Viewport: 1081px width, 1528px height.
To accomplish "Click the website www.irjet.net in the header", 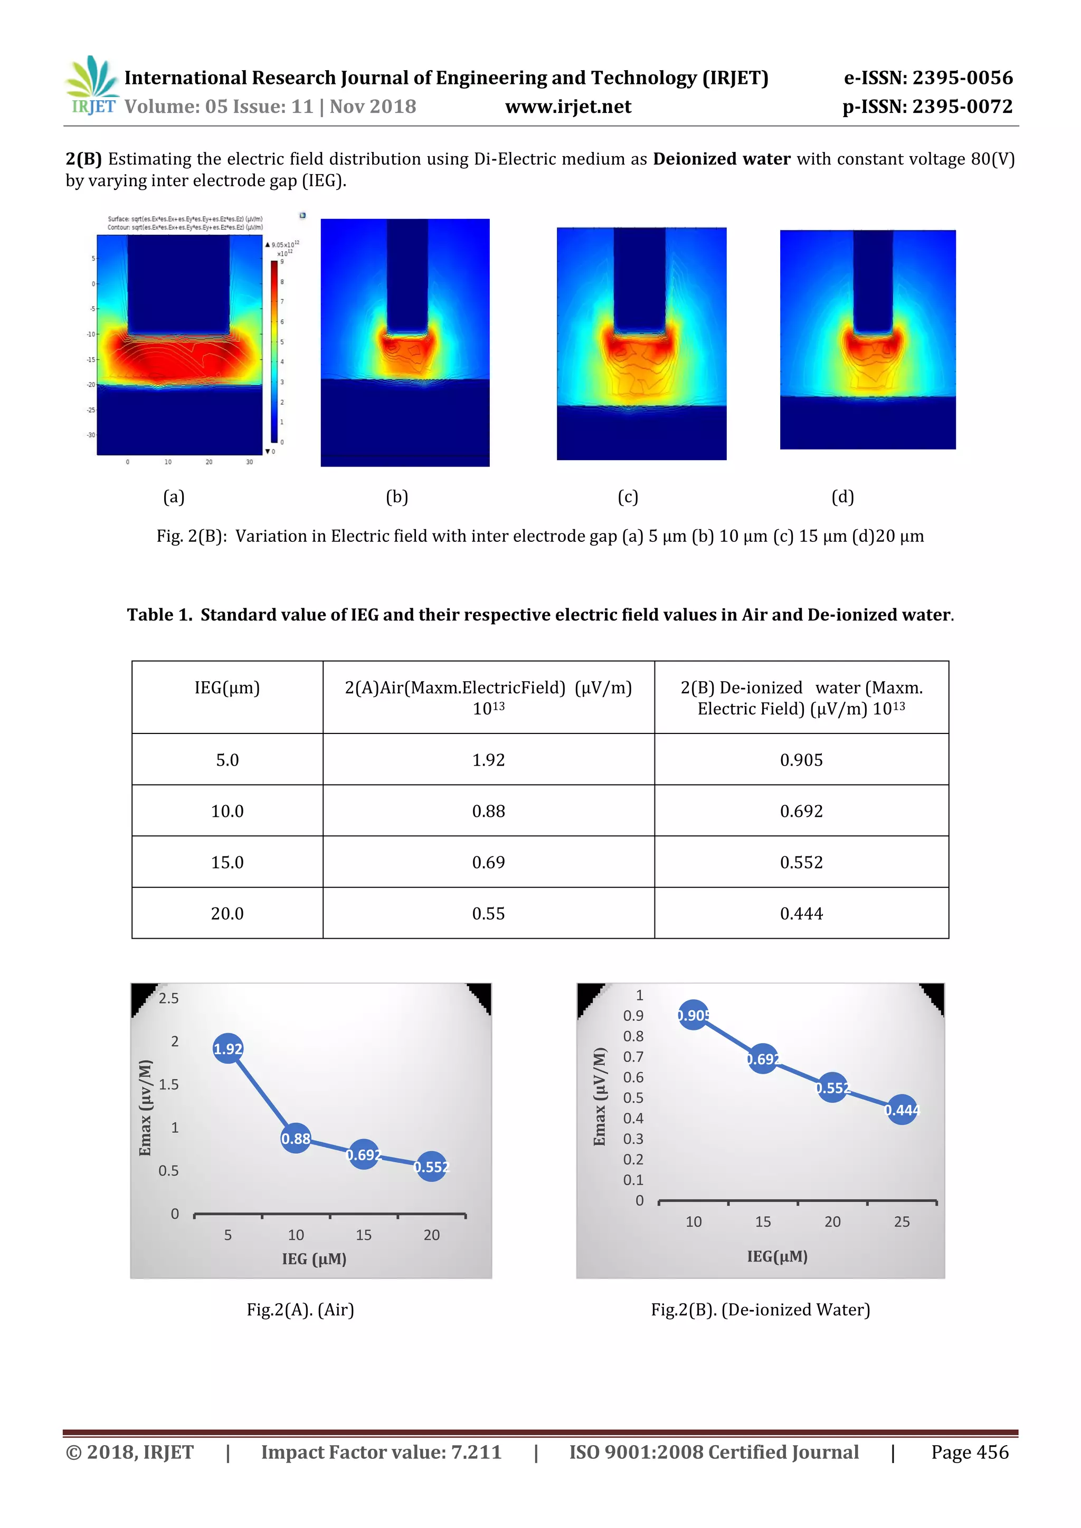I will [568, 107].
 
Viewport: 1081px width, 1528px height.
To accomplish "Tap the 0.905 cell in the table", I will [801, 759].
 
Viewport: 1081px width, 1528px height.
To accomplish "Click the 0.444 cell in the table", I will [801, 913].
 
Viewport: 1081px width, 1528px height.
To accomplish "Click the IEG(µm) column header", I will [227, 687].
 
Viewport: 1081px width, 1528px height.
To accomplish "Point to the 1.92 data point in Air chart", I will [227, 1049].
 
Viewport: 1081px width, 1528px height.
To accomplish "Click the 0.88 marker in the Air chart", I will [296, 1138].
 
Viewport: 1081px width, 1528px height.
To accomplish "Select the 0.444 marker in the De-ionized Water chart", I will [902, 1110].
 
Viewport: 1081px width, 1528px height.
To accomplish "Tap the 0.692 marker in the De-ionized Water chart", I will [762, 1059].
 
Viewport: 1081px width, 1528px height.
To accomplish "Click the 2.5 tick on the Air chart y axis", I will [168, 998].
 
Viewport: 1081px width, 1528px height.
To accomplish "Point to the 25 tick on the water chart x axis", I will [902, 1221].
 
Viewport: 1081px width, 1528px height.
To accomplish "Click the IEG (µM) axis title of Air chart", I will [314, 1258].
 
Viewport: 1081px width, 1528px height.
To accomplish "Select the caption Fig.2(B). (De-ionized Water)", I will [760, 1309].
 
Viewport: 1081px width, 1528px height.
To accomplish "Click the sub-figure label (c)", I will [628, 496].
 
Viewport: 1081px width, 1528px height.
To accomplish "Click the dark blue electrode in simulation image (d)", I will [872, 280].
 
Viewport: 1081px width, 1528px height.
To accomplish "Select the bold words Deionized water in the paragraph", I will [722, 159].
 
